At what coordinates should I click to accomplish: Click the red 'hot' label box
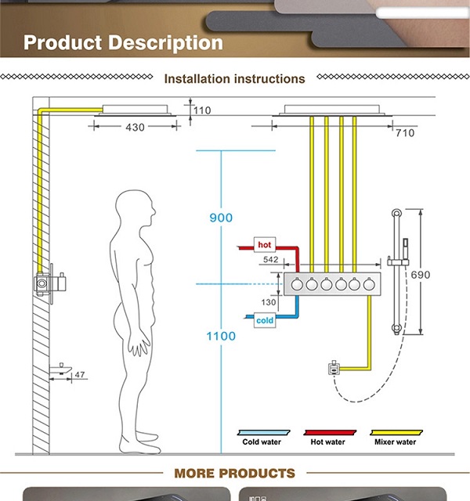point(265,245)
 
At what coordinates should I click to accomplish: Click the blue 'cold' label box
point(265,319)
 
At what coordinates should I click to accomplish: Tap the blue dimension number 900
point(221,218)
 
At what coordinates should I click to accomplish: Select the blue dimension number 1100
point(221,336)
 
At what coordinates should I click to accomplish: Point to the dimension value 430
point(135,128)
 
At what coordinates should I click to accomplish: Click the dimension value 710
point(404,133)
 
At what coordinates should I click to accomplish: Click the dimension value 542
point(271,259)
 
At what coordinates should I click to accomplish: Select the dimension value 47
point(80,375)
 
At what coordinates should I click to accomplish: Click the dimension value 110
point(202,110)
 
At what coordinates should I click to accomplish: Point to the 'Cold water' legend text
point(261,442)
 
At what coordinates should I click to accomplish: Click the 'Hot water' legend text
point(327,442)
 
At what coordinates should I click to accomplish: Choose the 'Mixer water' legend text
point(395,442)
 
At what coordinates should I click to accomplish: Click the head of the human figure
point(134,210)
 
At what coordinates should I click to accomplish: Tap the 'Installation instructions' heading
point(234,79)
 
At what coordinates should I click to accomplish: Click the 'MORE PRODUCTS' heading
point(234,473)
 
